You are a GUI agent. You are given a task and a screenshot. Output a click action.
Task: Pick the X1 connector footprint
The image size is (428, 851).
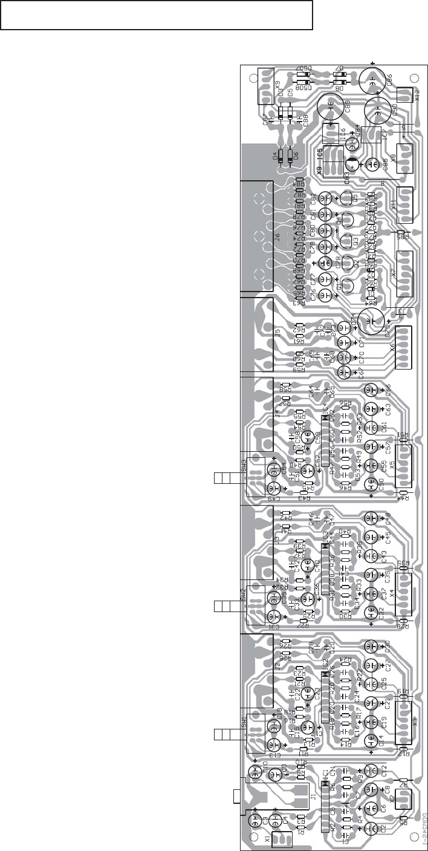[x=282, y=840]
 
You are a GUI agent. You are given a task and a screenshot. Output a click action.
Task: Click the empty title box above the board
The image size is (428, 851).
[x=157, y=15]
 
